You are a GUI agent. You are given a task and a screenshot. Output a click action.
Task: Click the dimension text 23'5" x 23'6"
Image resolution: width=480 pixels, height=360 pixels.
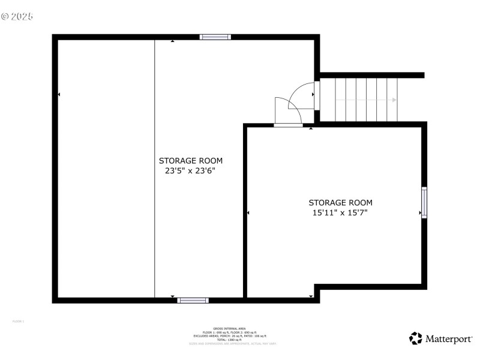(190, 170)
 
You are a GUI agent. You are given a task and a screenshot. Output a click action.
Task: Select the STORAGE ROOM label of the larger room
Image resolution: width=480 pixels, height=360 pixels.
(190, 160)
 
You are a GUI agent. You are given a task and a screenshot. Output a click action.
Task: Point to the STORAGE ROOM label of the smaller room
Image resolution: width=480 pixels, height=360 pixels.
(340, 203)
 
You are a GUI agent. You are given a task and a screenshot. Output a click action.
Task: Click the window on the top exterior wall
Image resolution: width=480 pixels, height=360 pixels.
(215, 37)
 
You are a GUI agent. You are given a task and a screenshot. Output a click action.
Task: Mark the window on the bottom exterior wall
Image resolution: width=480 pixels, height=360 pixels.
(193, 299)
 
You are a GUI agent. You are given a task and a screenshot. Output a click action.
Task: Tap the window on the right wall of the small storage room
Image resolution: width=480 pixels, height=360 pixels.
(424, 203)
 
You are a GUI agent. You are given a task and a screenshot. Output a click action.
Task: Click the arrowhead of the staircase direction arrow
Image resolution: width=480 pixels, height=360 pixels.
(394, 100)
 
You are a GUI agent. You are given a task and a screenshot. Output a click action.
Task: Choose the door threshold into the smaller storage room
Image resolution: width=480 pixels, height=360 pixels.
(289, 125)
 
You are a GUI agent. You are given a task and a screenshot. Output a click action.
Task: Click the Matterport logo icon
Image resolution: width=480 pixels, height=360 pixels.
(416, 339)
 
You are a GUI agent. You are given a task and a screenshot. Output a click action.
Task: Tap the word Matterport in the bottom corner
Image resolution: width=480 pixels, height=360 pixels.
(449, 340)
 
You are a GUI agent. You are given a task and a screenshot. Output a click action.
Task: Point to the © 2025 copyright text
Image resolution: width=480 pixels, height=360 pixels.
(17, 16)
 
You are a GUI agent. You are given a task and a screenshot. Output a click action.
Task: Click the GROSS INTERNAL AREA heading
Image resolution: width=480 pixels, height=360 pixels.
(233, 329)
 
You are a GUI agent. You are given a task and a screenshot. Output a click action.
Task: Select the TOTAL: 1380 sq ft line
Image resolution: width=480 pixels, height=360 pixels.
(233, 340)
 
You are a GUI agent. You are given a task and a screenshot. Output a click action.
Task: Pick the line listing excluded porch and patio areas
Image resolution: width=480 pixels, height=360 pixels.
(233, 336)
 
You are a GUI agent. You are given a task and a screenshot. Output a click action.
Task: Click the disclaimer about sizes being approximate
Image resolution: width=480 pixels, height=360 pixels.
(233, 344)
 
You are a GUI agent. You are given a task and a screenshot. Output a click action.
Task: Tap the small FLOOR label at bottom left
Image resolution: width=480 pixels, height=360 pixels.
(18, 322)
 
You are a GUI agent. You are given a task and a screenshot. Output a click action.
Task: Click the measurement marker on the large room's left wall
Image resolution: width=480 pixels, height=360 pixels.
(59, 95)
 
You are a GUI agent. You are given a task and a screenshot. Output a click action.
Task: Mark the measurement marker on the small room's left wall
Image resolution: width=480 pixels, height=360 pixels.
(248, 212)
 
